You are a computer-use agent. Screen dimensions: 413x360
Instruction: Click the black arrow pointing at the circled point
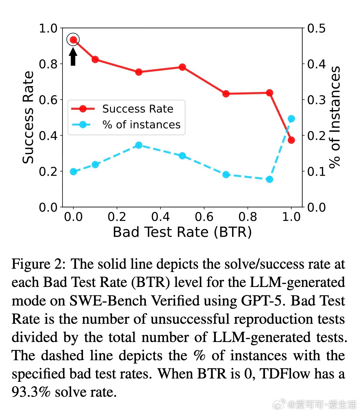tap(73, 56)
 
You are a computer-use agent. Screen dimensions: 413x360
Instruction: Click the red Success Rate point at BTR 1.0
tap(291, 140)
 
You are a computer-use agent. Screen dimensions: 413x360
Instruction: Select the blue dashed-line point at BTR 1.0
tap(291, 119)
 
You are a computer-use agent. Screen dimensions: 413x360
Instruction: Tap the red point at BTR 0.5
tap(182, 67)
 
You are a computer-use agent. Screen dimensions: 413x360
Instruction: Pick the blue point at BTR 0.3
tap(139, 145)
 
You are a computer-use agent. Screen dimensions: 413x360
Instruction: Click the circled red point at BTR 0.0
tap(73, 40)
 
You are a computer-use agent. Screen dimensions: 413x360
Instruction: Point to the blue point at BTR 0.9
tap(270, 179)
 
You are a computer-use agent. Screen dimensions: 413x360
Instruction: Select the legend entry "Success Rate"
tap(138, 109)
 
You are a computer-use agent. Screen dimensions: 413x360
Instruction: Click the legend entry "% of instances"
tap(141, 125)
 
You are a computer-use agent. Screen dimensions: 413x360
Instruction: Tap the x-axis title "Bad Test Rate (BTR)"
tap(182, 232)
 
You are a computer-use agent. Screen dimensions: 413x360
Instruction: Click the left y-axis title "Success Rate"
tap(28, 117)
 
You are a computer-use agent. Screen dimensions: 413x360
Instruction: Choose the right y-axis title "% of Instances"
tap(335, 117)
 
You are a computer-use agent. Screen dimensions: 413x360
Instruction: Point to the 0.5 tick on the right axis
tap(316, 29)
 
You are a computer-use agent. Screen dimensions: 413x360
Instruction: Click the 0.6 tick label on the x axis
tap(204, 217)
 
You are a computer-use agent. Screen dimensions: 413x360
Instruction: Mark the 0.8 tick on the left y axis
tap(48, 64)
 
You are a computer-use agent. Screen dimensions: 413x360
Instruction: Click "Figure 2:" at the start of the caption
tap(38, 264)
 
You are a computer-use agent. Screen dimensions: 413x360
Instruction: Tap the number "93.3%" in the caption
tap(31, 392)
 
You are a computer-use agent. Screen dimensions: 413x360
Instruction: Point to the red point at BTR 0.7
tap(226, 94)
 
